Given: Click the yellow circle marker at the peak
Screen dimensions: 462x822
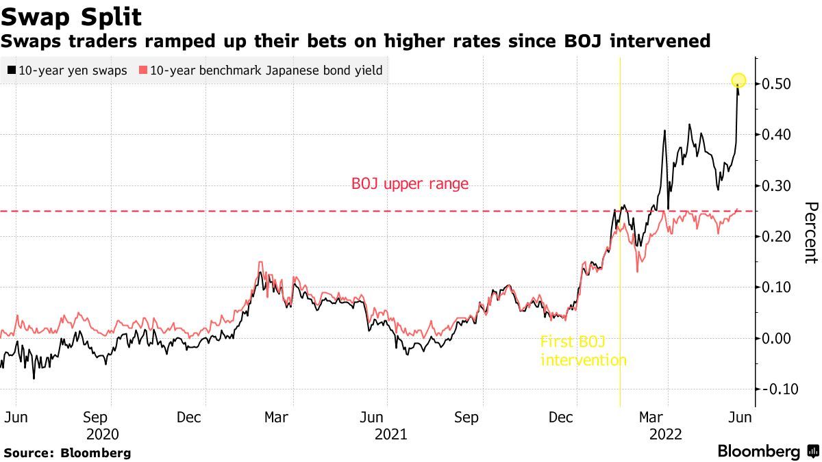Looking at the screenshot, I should click(x=738, y=81).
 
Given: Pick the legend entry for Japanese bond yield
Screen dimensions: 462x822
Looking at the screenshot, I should click(x=260, y=70).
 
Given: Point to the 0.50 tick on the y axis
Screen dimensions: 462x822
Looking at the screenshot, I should click(x=777, y=84).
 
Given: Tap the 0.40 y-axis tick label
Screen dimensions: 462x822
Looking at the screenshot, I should click(x=777, y=135).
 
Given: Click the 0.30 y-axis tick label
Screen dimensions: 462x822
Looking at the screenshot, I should click(x=777, y=185).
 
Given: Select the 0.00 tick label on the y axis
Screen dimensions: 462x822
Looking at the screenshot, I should click(x=777, y=338).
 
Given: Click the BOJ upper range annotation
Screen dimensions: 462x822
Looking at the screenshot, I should click(x=410, y=183).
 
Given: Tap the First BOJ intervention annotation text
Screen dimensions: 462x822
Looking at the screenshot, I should click(x=583, y=350).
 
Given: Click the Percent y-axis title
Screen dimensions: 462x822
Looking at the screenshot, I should click(x=811, y=233).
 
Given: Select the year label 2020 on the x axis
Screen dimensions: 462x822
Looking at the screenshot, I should click(x=103, y=435).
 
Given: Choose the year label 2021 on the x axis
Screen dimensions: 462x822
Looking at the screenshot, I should click(x=390, y=435).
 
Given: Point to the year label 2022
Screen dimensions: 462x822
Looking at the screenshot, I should click(x=664, y=435).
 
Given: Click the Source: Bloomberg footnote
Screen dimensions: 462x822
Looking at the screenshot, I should click(x=67, y=453).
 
